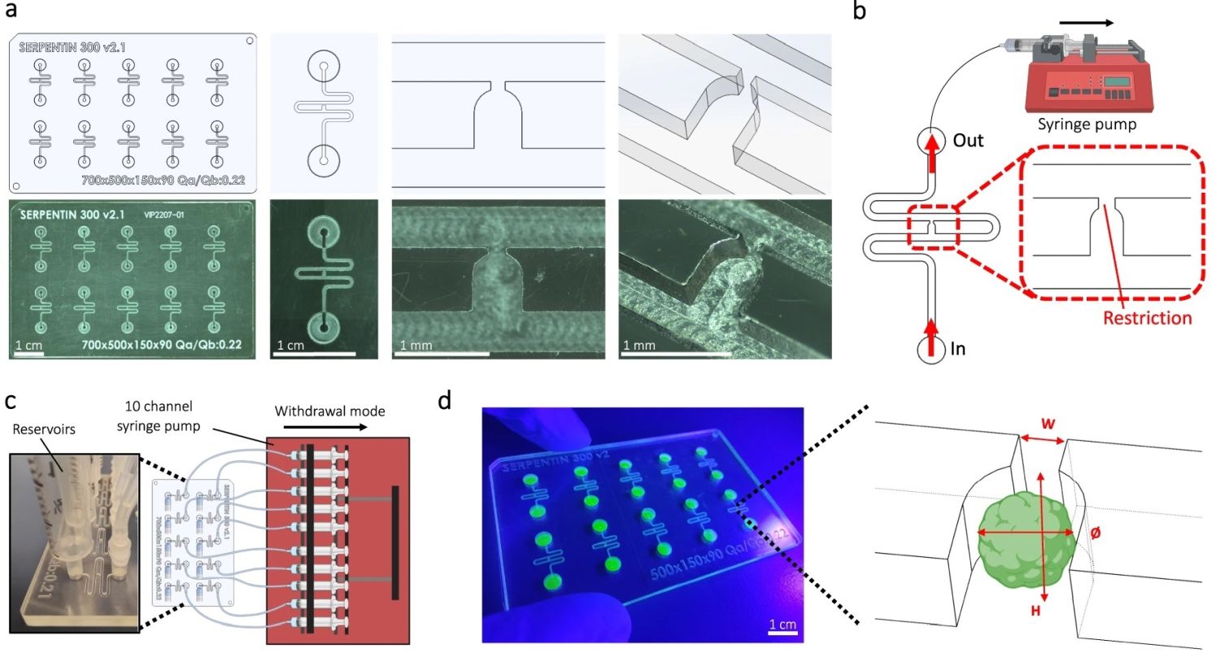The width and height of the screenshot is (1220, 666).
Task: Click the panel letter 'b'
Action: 859,11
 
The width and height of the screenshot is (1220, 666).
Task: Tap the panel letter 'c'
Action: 11,401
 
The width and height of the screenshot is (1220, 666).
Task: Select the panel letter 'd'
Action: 444,401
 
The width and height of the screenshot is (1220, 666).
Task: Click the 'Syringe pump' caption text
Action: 1087,124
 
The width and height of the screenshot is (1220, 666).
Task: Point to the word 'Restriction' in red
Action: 1147,318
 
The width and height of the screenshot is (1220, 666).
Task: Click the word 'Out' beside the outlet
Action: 968,141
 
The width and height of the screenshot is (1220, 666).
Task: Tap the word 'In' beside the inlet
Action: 958,349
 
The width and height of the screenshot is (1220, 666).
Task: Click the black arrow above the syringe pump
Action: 1087,23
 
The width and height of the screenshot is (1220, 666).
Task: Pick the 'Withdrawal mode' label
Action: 329,411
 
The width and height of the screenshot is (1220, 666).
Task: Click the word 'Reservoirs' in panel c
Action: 44,429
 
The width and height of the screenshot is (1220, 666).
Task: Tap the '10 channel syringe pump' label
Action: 159,416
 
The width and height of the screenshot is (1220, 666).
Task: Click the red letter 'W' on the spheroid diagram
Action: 1048,424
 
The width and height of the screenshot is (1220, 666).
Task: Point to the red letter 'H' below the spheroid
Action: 1035,610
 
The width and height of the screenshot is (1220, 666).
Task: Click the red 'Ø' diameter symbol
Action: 1095,533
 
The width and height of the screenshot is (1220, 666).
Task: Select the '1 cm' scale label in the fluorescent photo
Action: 782,625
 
